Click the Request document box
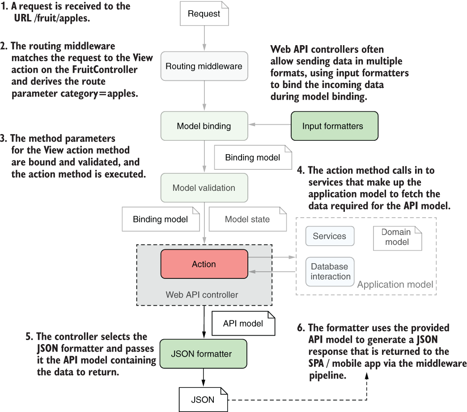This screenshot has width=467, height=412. pyautogui.click(x=204, y=13)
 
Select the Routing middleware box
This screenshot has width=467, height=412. pyautogui.click(x=204, y=66)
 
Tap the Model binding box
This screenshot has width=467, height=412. pyautogui.click(x=204, y=126)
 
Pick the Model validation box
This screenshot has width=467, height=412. pyautogui.click(x=204, y=188)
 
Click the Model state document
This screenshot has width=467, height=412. pyautogui.click(x=248, y=219)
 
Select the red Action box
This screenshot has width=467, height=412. pyautogui.click(x=204, y=264)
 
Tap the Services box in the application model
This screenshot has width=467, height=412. pyautogui.click(x=330, y=236)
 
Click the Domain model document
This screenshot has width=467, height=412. pyautogui.click(x=398, y=238)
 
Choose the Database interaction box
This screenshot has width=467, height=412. pyautogui.click(x=330, y=272)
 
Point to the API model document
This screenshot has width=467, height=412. pyautogui.click(x=243, y=324)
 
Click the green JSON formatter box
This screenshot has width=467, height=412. pyautogui.click(x=204, y=354)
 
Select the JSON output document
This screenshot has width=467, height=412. pyautogui.click(x=204, y=399)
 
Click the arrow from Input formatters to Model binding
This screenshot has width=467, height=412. pyautogui.click(x=270, y=124)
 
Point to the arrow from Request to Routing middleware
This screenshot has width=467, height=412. pyautogui.click(x=204, y=38)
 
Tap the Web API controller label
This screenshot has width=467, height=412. pyautogui.click(x=202, y=295)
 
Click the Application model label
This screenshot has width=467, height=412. pyautogui.click(x=395, y=284)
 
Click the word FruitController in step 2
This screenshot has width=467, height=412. pyautogui.click(x=105, y=69)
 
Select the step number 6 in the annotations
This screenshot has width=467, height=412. pyautogui.click(x=301, y=328)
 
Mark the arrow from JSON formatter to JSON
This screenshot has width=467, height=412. pyautogui.click(x=204, y=378)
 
